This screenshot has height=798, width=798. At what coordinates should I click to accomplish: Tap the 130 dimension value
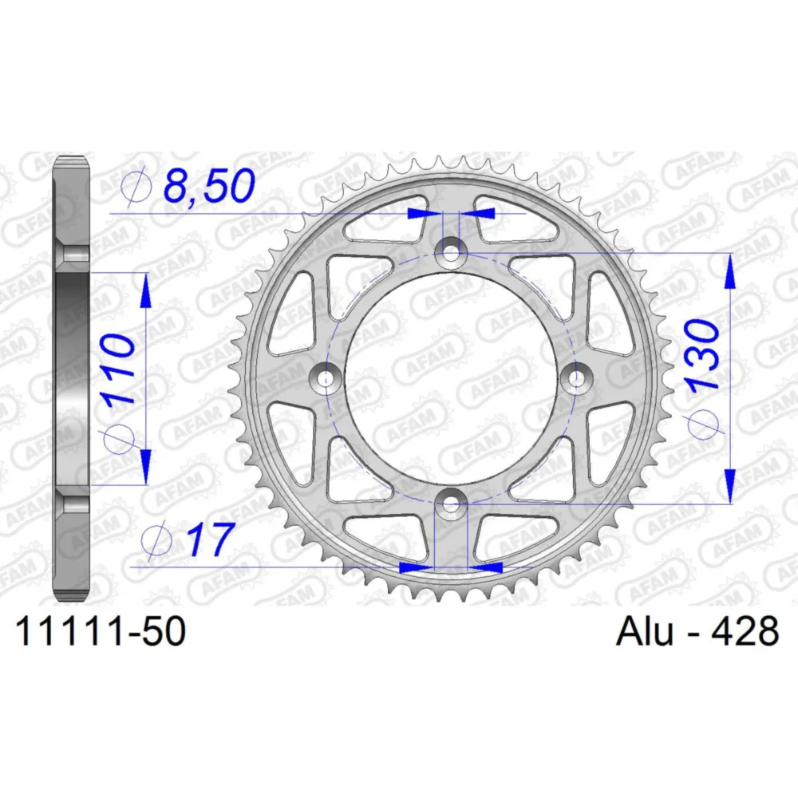(x=703, y=354)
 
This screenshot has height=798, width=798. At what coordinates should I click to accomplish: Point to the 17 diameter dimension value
(x=210, y=539)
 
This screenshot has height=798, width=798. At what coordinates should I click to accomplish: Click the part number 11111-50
(x=101, y=631)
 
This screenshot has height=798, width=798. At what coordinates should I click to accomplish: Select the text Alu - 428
(x=697, y=630)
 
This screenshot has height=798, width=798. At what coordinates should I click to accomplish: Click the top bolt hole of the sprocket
(x=451, y=252)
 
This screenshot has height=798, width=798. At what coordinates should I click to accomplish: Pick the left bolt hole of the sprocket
(x=326, y=377)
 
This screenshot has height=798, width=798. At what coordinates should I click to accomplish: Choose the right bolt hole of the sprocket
(x=577, y=377)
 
